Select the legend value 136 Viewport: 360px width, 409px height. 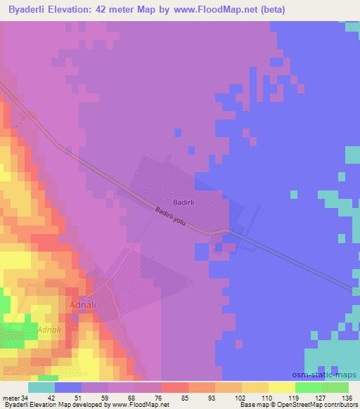(347, 398)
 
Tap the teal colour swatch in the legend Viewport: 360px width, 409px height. (41, 387)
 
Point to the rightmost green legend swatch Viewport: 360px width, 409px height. (335, 387)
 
